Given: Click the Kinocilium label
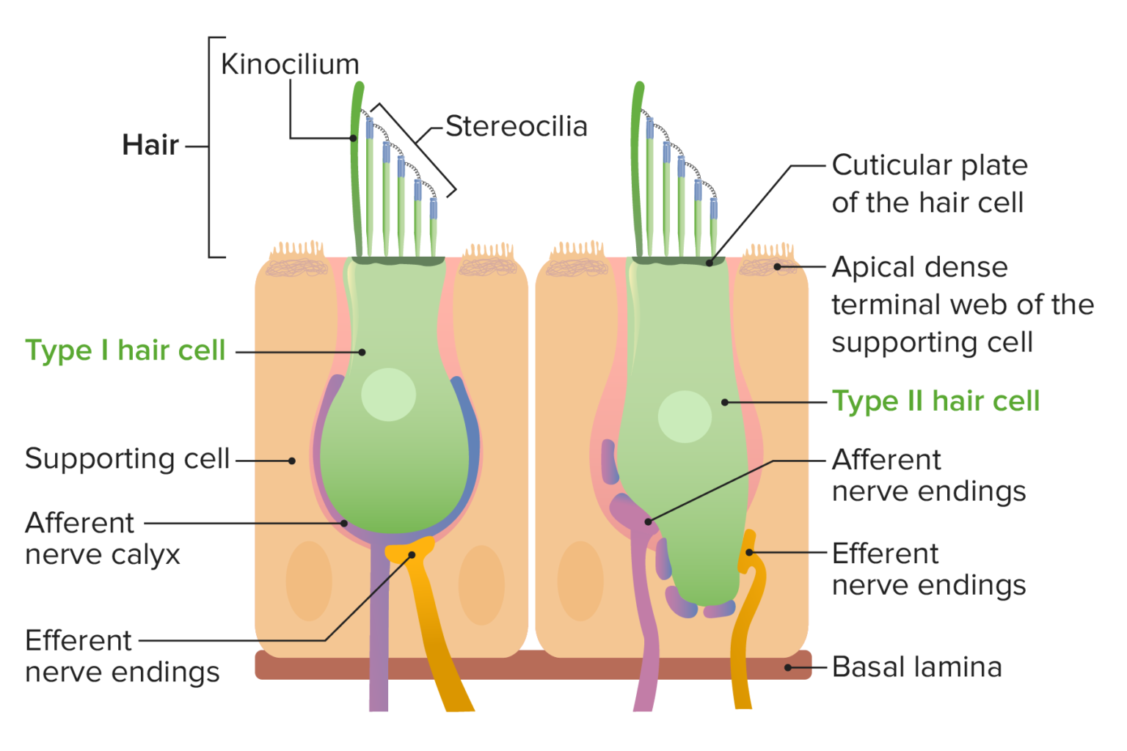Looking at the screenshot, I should coord(290,65).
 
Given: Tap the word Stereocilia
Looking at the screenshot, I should coord(517,126).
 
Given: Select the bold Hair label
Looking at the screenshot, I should coord(150,145).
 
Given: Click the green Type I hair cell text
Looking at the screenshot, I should coord(125,351).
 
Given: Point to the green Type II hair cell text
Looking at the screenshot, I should coord(935,401).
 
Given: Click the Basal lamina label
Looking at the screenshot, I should coord(916,667).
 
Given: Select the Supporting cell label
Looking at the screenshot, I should coord(128,459).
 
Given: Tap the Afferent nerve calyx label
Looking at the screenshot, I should coord(103,539).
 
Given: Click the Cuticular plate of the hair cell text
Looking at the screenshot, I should coord(929,183).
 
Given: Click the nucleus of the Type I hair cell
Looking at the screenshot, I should coord(388,395).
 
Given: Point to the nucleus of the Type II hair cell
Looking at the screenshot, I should coord(685,417).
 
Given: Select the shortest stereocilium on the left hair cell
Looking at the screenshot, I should coord(434,227).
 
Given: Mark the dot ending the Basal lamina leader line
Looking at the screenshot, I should coord(788,667).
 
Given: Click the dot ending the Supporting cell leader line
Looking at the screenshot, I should coord(292,461).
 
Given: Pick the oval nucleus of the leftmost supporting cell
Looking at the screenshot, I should coord(308,581).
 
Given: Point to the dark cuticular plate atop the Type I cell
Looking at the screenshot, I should coord(398,261).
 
